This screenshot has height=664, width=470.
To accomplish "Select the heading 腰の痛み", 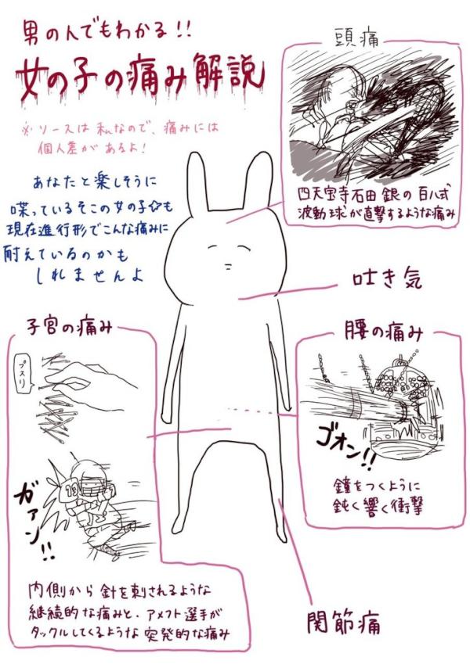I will [383, 332].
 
